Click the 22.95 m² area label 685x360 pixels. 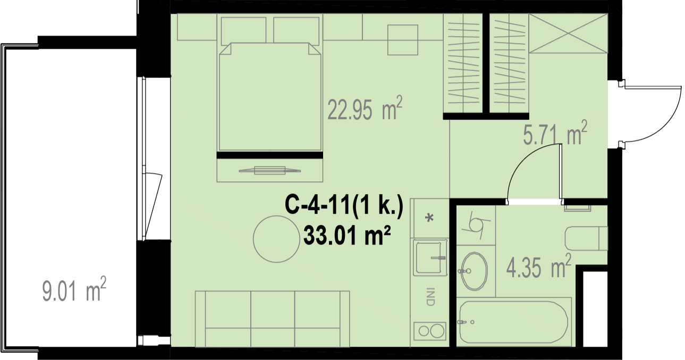tap(365, 108)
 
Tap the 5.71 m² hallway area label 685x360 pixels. tap(555, 133)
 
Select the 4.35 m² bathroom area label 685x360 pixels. tap(538, 266)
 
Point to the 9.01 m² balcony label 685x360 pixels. tap(74, 289)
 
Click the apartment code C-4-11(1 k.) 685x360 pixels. tap(344, 205)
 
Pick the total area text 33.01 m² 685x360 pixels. tap(347, 235)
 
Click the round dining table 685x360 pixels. tap(276, 239)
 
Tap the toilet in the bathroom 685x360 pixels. tap(586, 238)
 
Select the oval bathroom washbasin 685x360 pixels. tap(474, 271)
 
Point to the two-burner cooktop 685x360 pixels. tap(430, 331)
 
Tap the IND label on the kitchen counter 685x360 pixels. tap(430, 296)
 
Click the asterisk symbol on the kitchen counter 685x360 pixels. tap(430, 217)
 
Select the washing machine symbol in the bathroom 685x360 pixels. tap(476, 225)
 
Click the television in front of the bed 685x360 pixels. tap(270, 170)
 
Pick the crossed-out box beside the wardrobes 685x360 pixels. tap(568, 33)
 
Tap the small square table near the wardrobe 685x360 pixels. tap(403, 40)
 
